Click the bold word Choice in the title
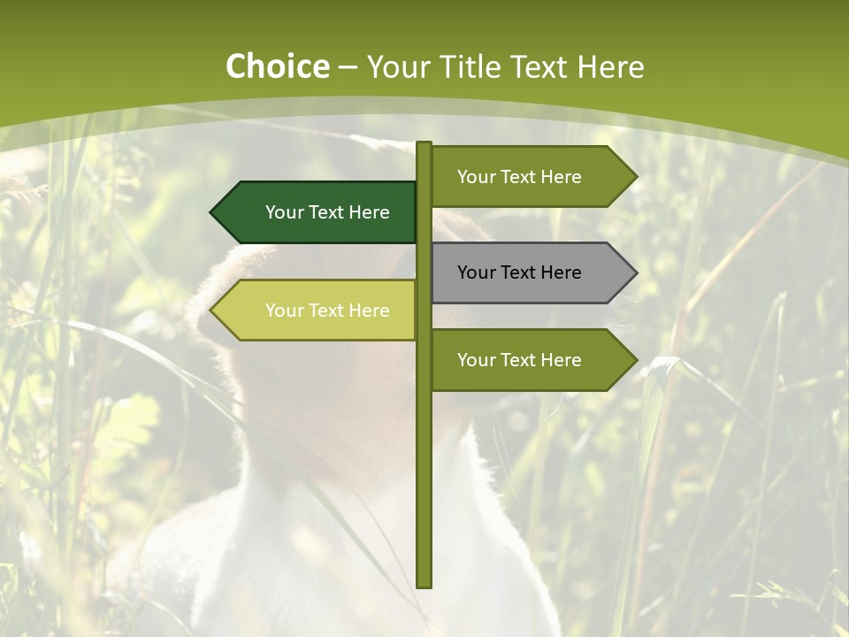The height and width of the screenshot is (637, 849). click(277, 66)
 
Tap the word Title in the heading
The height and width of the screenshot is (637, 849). click(463, 66)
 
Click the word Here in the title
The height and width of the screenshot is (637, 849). click(610, 66)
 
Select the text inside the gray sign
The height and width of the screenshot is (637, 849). click(519, 272)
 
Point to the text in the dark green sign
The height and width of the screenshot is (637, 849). click(327, 212)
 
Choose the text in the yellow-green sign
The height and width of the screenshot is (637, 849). click(327, 311)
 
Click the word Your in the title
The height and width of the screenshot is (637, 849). click(394, 66)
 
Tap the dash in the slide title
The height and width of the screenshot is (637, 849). click(348, 68)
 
